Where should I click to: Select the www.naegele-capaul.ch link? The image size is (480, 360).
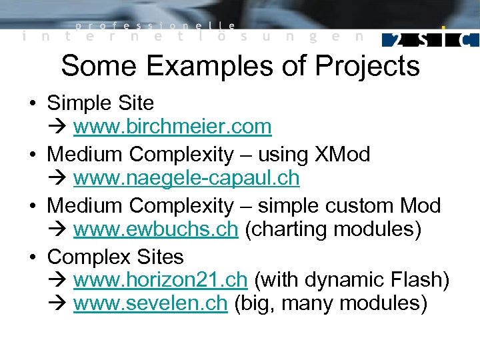click(186, 179)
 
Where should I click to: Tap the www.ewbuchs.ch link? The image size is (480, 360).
click(155, 230)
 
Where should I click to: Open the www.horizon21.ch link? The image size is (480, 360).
click(161, 281)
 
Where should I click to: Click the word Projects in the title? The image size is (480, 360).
click(367, 67)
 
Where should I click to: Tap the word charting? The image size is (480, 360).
click(287, 230)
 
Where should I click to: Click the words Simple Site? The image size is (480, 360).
click(101, 103)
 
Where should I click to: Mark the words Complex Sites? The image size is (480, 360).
click(115, 257)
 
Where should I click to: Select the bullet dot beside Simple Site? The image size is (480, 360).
click(32, 104)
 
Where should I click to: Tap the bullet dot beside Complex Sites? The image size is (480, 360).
click(32, 257)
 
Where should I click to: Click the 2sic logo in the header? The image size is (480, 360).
click(430, 39)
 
